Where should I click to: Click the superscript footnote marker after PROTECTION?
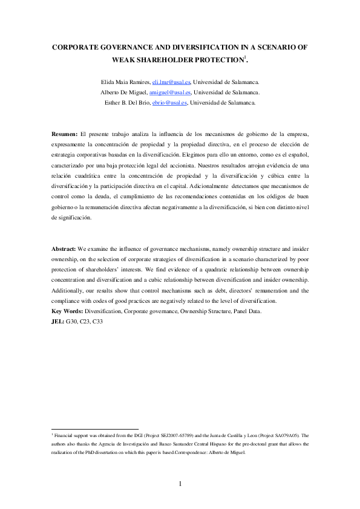(x=244, y=57)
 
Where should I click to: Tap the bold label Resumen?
(x=64, y=132)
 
